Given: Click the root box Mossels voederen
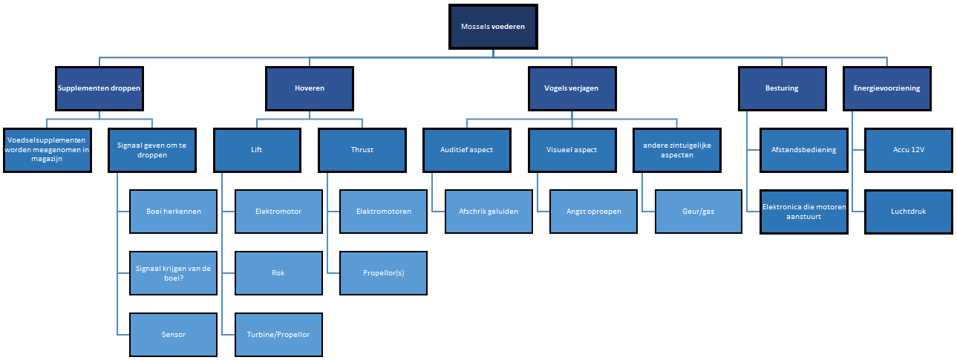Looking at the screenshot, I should coord(493,27).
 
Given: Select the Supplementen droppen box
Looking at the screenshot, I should coord(99,88).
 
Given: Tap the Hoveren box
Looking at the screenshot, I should coord(310,88).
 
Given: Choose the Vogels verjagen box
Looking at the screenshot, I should coord(571,88).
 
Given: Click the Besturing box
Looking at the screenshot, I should coord(782,88).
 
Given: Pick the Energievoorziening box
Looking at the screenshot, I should coord(886,88).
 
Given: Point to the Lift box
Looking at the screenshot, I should coord(257,150).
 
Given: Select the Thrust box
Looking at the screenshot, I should coord(362,150).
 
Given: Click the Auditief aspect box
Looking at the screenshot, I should coord(467,150).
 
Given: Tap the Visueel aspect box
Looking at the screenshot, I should coord(572,150).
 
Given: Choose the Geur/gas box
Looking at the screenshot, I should coord(699,212).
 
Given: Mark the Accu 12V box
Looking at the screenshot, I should coord(908,150).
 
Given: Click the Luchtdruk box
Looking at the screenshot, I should coord(908,212).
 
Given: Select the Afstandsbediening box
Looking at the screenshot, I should coord(803,150).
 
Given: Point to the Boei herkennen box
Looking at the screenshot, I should coord(174,212).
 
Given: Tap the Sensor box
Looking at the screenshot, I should coord(174,334).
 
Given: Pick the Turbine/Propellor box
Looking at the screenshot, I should coord(278,334).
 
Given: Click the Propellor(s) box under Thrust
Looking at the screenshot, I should coord(383,272).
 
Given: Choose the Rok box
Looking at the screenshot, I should coord(278,272).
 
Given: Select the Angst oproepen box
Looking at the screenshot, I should coord(593,212).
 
